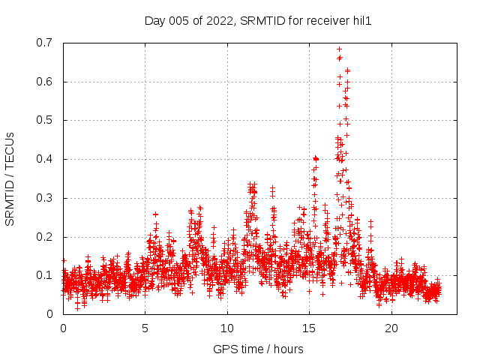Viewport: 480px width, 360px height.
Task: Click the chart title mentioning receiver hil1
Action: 258,21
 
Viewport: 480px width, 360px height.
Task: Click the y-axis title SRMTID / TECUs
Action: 10,178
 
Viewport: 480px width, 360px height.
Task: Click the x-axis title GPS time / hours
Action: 258,349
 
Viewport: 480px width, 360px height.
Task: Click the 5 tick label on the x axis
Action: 145,328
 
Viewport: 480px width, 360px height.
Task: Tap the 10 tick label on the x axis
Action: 227,328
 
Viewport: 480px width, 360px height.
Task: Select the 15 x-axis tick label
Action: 310,328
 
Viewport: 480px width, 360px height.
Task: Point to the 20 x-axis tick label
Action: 391,328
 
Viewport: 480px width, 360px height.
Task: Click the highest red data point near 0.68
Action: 339,49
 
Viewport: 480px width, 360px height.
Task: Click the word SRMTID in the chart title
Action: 262,21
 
